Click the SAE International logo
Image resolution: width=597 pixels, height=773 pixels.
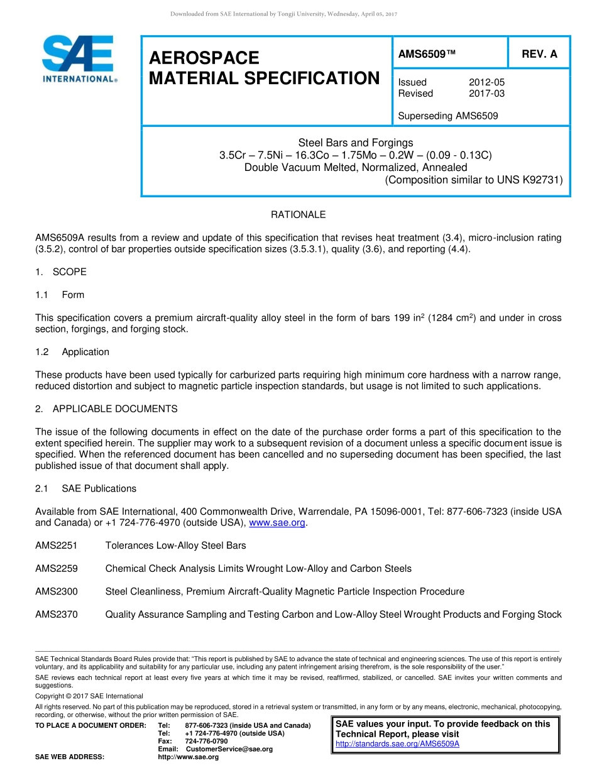click(79, 58)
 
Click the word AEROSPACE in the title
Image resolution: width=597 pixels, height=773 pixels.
click(204, 58)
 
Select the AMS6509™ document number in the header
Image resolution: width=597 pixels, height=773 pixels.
click(427, 54)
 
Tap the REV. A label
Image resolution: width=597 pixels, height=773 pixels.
click(539, 54)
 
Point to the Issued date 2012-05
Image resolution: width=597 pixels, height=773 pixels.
click(486, 82)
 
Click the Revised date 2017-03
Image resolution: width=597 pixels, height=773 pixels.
click(486, 94)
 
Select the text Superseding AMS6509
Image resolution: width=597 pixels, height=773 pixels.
click(448, 116)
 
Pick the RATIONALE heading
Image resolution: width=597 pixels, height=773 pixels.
click(298, 215)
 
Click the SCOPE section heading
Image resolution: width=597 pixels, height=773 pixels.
click(69, 272)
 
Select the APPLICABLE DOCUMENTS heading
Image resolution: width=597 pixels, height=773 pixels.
click(114, 409)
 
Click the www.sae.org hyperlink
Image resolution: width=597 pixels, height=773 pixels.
click(277, 523)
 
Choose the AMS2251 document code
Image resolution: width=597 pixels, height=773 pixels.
click(57, 545)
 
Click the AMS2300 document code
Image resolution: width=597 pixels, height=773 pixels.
click(57, 591)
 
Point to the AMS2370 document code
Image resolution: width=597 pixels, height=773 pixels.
click(57, 615)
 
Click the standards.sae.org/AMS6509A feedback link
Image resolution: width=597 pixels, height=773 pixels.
click(397, 744)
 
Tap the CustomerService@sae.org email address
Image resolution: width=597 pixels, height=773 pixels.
click(229, 749)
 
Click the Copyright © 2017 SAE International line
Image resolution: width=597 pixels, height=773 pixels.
click(89, 696)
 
